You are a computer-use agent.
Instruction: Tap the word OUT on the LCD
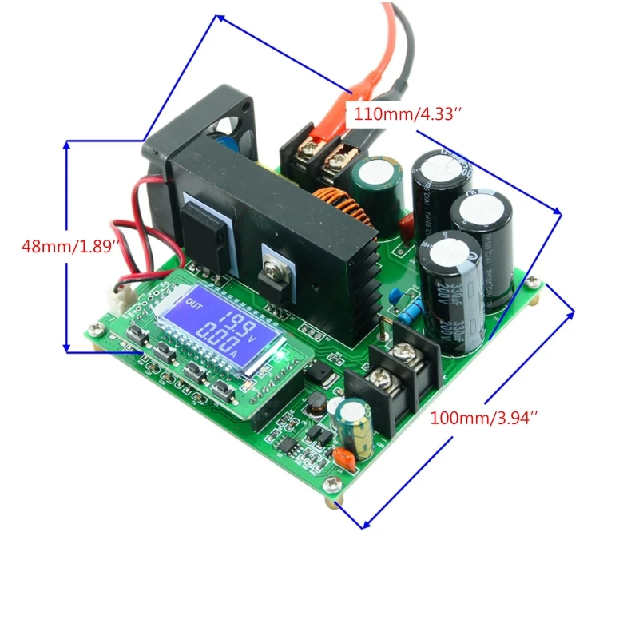[194, 304]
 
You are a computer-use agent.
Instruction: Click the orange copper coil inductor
[341, 207]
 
